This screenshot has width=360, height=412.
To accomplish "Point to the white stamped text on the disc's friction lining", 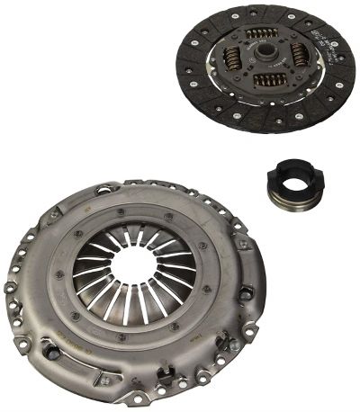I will pyautogui.click(x=321, y=40).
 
